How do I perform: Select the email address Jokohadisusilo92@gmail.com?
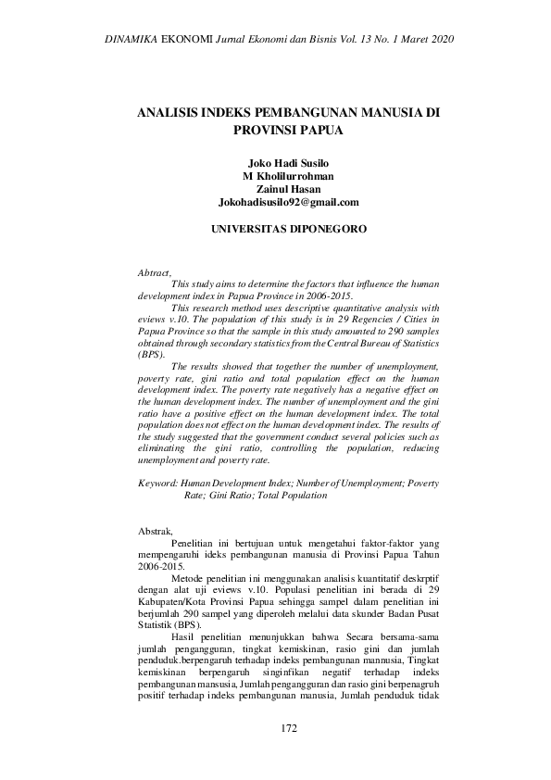[288, 201]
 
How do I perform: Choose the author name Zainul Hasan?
[288, 187]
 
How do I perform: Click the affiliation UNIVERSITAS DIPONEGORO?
[288, 228]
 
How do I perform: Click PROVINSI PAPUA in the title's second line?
[288, 131]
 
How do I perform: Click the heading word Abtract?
[154, 272]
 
